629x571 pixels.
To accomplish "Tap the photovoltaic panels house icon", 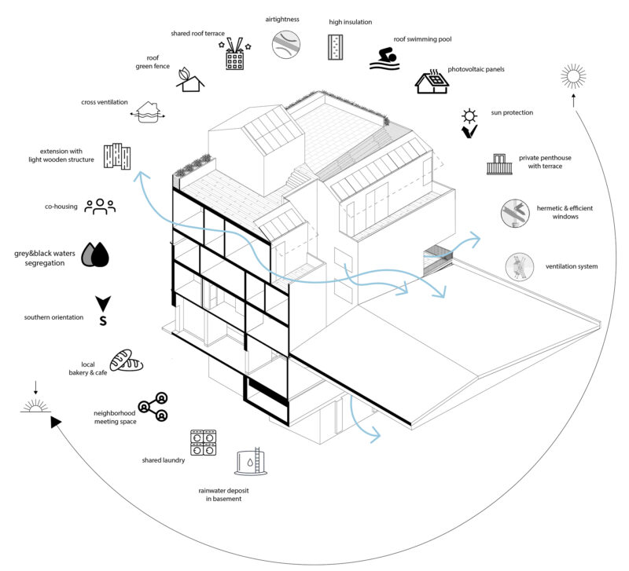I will point(431,82).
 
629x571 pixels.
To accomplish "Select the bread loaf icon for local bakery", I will point(125,361).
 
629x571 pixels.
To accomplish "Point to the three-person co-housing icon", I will point(101,207).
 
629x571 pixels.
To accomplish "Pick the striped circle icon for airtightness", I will point(286,44).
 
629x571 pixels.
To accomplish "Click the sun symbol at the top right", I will point(573,78).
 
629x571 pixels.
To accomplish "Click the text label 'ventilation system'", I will point(571,267).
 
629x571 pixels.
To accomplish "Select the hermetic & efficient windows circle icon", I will point(513,213).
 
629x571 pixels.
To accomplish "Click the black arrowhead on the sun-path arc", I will point(55,423).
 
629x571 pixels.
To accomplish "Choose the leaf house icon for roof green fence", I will point(189,80).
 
